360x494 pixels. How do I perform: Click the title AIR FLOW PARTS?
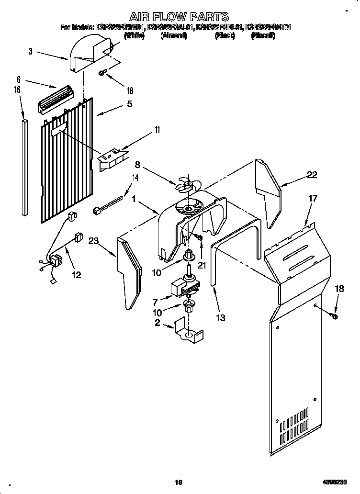180,17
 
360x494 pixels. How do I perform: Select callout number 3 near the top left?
31,51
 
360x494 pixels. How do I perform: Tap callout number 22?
312,175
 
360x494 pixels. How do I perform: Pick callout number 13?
220,317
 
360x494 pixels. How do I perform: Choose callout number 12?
76,275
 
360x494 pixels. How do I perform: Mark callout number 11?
144,130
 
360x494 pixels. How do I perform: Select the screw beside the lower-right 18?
334,315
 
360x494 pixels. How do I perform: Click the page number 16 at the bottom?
178,483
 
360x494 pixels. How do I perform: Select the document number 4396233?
331,483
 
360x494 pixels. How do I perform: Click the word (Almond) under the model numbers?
173,36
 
